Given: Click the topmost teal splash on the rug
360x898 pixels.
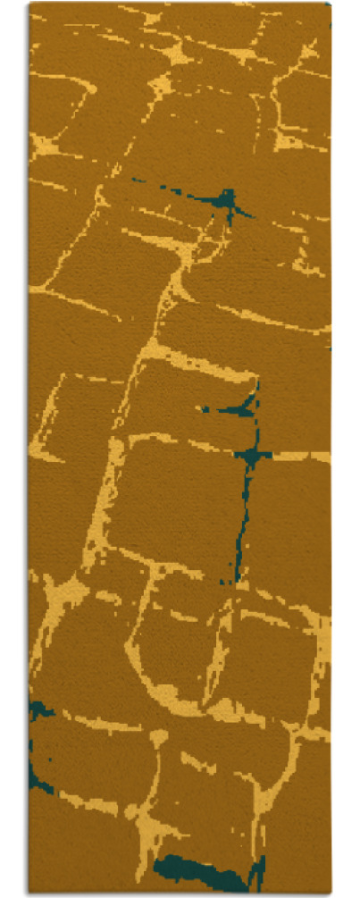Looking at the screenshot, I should click(x=230, y=200).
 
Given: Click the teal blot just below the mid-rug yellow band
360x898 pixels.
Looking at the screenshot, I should click(x=239, y=409).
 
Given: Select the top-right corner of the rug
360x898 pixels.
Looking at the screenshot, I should click(x=330, y=4).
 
